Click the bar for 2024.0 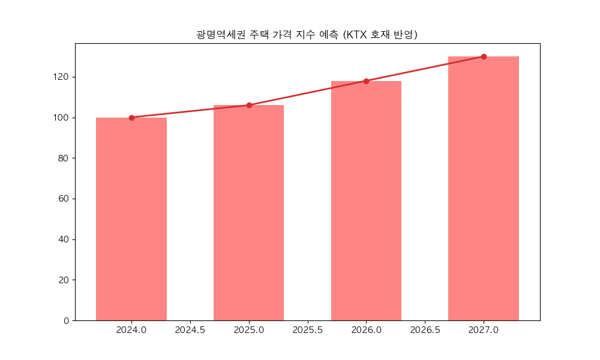pyautogui.click(x=131, y=219)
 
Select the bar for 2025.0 pyautogui.click(x=249, y=213)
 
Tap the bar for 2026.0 pyautogui.click(x=366, y=201)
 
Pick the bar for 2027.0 pyautogui.click(x=484, y=188)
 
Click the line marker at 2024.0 pyautogui.click(x=131, y=118)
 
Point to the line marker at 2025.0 pyautogui.click(x=249, y=105)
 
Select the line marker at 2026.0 pyautogui.click(x=366, y=81)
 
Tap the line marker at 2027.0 pyautogui.click(x=484, y=56)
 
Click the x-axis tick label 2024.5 pyautogui.click(x=190, y=331)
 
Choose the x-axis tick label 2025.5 pyautogui.click(x=308, y=331)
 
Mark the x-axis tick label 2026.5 pyautogui.click(x=425, y=331)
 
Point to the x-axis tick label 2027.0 pyautogui.click(x=484, y=331)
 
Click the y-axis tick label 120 pyautogui.click(x=62, y=77)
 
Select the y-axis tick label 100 pyautogui.click(x=62, y=118)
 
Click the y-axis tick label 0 pyautogui.click(x=67, y=320)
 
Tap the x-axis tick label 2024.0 pyautogui.click(x=131, y=331)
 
